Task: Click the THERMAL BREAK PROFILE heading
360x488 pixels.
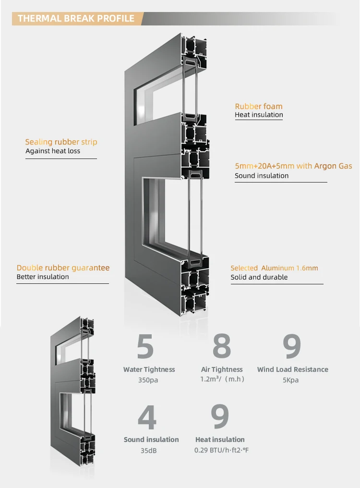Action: (76, 19)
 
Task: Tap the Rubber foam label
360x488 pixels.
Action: (258, 106)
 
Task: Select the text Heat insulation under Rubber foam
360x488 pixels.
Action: (259, 115)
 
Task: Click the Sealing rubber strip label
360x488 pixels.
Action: (61, 142)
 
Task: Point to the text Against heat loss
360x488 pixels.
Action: (53, 151)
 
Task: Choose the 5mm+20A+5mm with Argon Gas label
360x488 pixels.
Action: (293, 166)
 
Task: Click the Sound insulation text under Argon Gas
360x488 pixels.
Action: (262, 176)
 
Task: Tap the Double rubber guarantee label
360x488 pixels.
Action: (63, 268)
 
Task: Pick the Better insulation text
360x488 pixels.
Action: (43, 277)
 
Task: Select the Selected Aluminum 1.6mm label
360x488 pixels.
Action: (274, 268)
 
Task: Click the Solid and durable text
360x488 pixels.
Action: (259, 277)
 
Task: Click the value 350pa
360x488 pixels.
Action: (148, 380)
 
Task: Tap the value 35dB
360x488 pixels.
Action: (148, 451)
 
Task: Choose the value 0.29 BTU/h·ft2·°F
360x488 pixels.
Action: (221, 451)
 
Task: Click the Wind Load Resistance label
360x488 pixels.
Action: (293, 369)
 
